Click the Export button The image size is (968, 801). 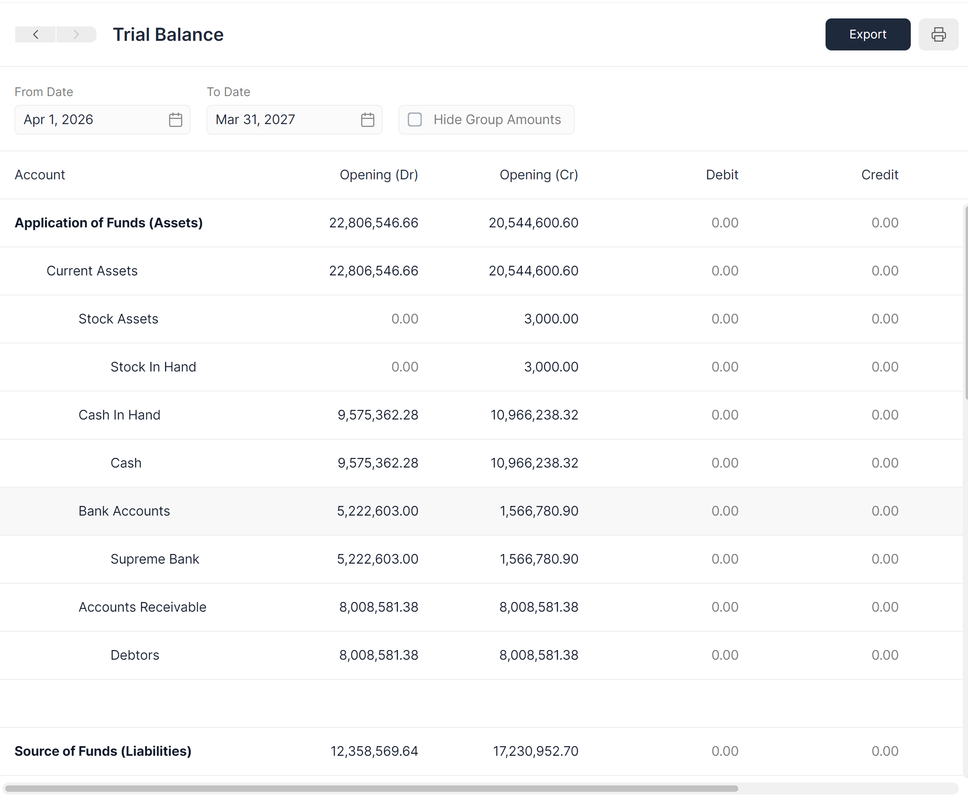pyautogui.click(x=868, y=34)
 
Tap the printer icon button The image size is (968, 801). pyautogui.click(x=938, y=34)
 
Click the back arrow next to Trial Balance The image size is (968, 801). pyautogui.click(x=36, y=34)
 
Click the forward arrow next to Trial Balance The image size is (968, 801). pyautogui.click(x=76, y=34)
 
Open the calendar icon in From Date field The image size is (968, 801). pyautogui.click(x=175, y=120)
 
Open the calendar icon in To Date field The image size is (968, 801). pyautogui.click(x=367, y=120)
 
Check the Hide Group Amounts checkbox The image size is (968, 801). pyautogui.click(x=415, y=120)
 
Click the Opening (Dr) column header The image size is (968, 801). pyautogui.click(x=379, y=175)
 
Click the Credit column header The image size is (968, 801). pyautogui.click(x=879, y=175)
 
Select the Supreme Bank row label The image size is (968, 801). pyautogui.click(x=154, y=559)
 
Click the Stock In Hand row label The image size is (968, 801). pyautogui.click(x=153, y=367)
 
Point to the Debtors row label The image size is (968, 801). pyautogui.click(x=134, y=655)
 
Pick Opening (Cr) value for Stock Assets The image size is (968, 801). pyautogui.click(x=551, y=319)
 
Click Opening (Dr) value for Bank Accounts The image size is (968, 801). pyautogui.click(x=377, y=511)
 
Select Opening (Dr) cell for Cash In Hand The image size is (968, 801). pyautogui.click(x=377, y=415)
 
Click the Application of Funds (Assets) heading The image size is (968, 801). pyautogui.click(x=108, y=223)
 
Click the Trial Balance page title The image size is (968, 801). pyautogui.click(x=168, y=34)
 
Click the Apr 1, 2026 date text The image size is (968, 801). pyautogui.click(x=58, y=120)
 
